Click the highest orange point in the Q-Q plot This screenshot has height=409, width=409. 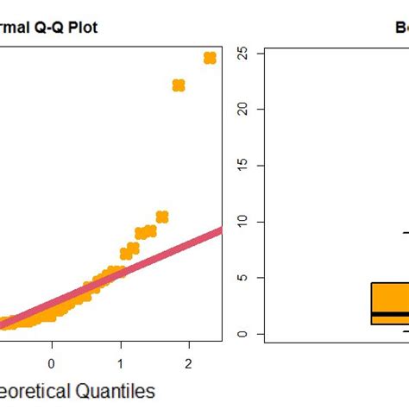point(210,58)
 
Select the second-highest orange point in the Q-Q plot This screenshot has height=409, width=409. point(179,85)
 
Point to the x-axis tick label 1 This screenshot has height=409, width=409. point(121,363)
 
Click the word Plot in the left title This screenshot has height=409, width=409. point(82,28)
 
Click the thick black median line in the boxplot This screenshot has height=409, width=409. point(390,314)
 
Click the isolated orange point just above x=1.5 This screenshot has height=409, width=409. point(161,217)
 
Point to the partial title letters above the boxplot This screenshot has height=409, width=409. point(401,28)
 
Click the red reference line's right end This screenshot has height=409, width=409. point(219,230)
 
